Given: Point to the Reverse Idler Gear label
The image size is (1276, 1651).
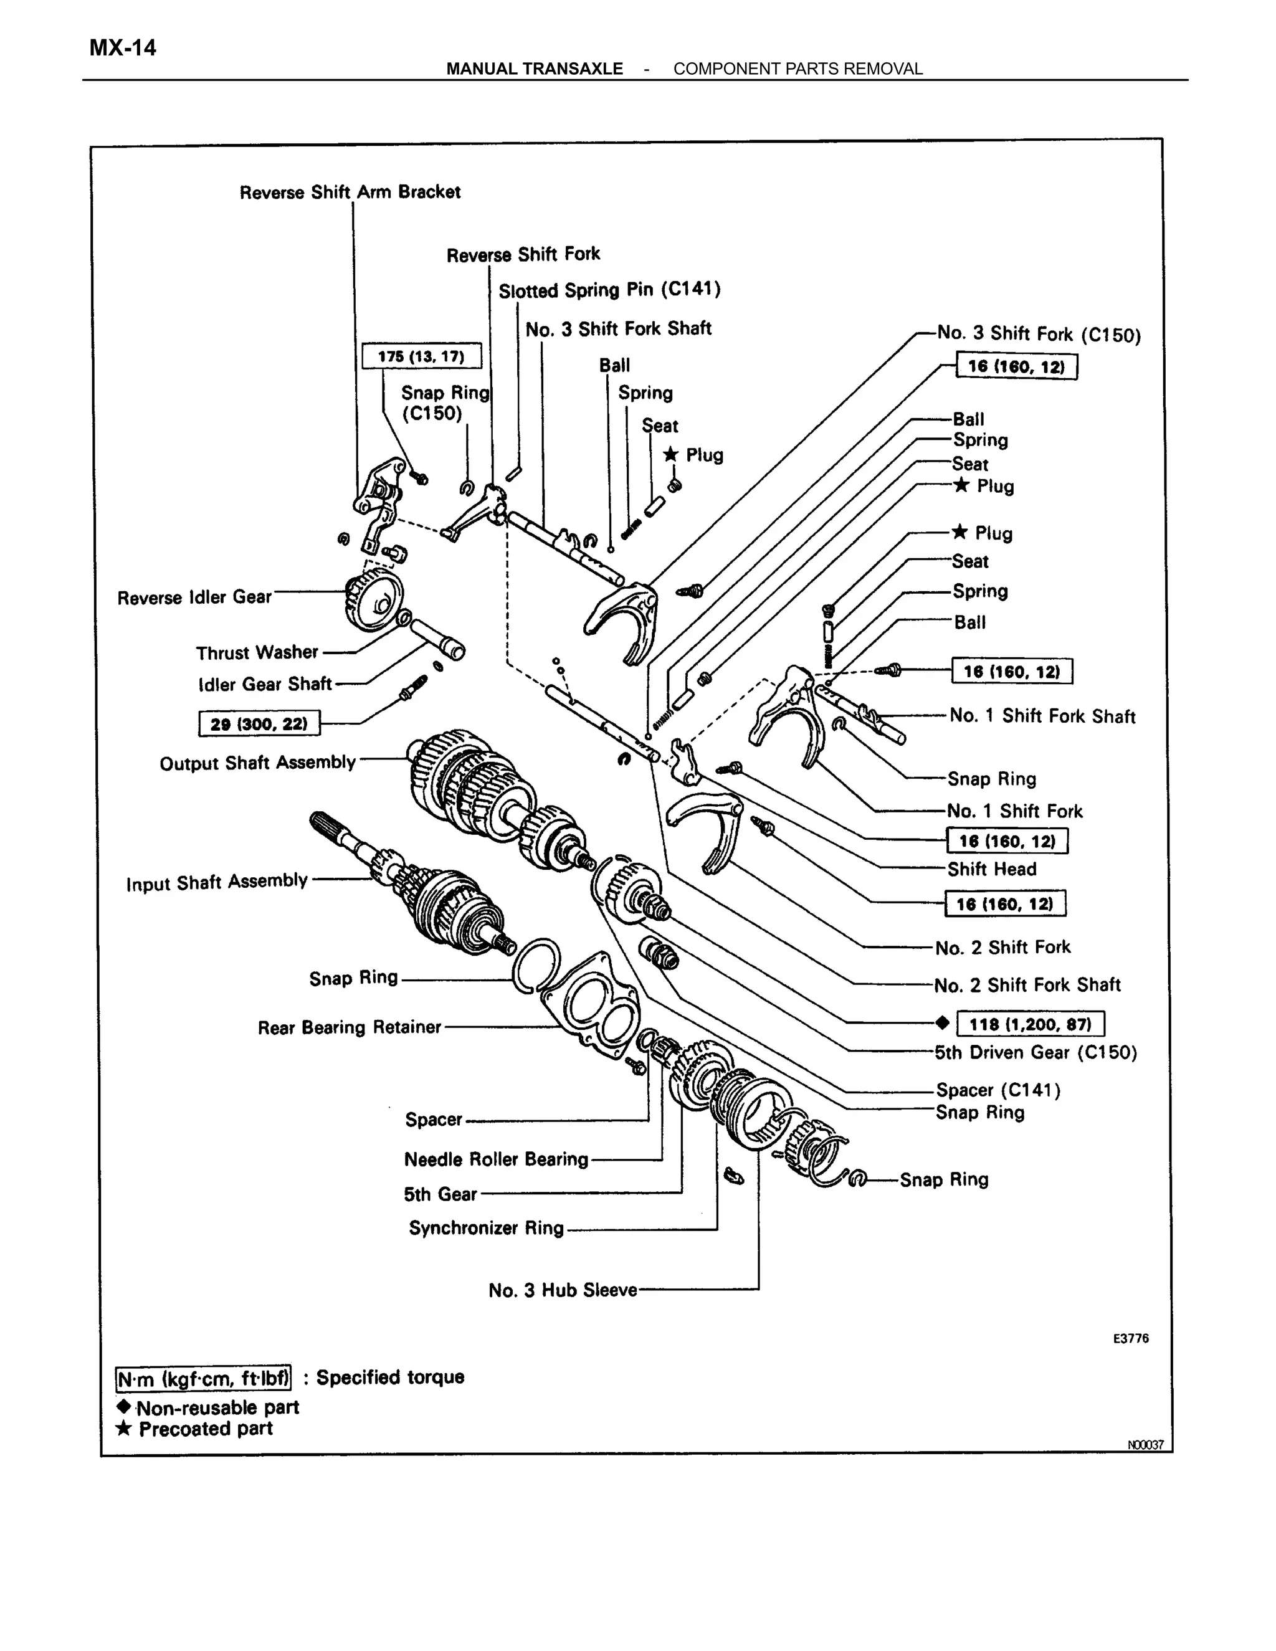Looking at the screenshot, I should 194,597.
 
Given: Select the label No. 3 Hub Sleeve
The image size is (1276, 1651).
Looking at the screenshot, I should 563,1290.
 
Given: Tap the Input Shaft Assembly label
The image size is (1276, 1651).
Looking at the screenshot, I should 217,882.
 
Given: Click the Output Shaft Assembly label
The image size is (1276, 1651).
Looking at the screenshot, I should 257,763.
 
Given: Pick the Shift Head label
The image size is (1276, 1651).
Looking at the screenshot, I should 991,869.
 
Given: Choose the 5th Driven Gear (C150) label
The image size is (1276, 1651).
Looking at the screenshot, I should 1036,1052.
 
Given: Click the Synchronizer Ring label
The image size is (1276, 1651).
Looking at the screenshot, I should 486,1228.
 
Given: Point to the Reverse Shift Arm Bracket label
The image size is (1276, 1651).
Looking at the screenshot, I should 350,192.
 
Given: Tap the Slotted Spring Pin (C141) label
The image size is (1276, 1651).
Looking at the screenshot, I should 609,290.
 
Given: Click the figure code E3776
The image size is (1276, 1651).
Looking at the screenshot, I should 1130,1338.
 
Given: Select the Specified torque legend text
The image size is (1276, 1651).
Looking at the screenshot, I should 390,1377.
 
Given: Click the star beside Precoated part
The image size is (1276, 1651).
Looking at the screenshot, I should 124,1429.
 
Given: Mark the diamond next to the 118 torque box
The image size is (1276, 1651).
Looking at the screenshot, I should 942,1023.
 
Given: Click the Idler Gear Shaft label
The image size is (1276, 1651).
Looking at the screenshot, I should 265,684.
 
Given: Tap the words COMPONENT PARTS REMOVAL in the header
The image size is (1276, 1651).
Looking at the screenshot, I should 797,69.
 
